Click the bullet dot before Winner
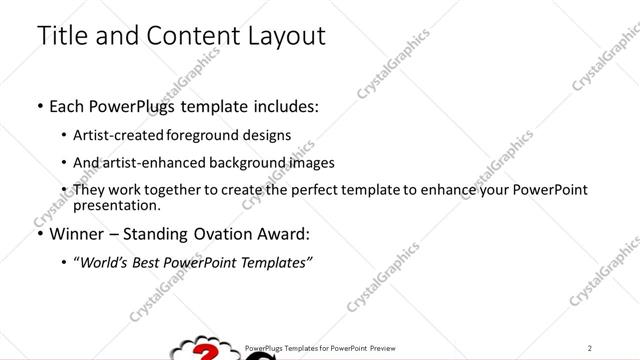point(40,234)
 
